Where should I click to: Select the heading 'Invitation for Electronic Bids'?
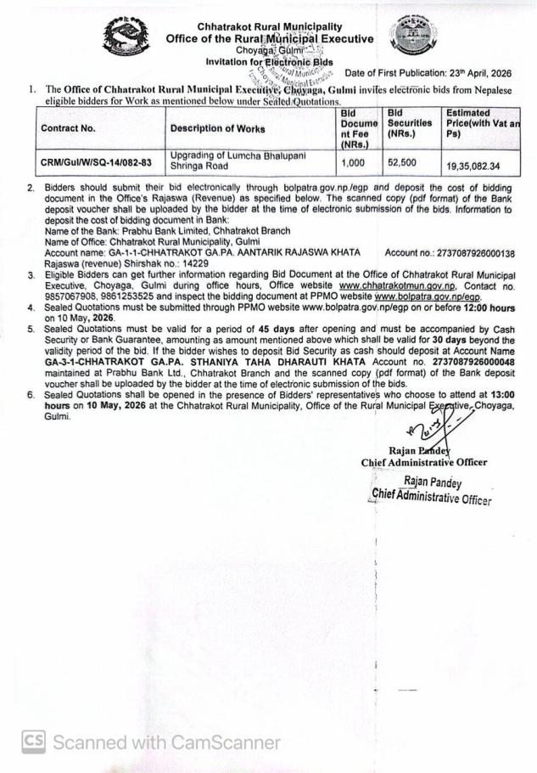coord(269,61)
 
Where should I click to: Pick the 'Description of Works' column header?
coord(217,129)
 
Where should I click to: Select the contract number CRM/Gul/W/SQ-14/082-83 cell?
coord(94,161)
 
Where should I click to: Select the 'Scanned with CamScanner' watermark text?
coord(166,742)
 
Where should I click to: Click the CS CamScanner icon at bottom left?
coord(34,742)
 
